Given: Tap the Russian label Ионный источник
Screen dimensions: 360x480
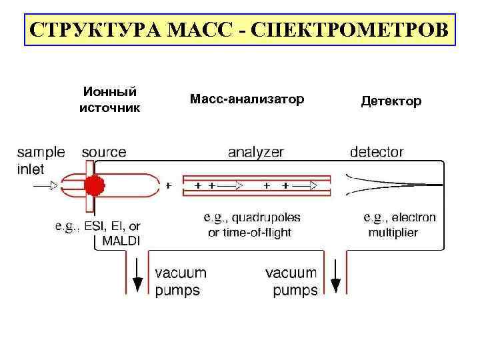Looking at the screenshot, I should pyautogui.click(x=110, y=99).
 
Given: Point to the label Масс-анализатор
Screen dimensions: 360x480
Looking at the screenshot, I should pyautogui.click(x=247, y=99).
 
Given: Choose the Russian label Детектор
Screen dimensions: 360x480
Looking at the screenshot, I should pyautogui.click(x=391, y=101).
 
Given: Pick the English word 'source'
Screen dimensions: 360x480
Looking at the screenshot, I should pyautogui.click(x=103, y=152).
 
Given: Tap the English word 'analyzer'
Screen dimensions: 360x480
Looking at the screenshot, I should pyautogui.click(x=255, y=152).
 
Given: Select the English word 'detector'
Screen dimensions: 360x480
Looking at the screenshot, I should pyautogui.click(x=377, y=152).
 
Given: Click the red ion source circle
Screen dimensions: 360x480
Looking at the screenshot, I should pyautogui.click(x=95, y=185).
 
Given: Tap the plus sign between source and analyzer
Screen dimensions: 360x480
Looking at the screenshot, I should pyautogui.click(x=168, y=186).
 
